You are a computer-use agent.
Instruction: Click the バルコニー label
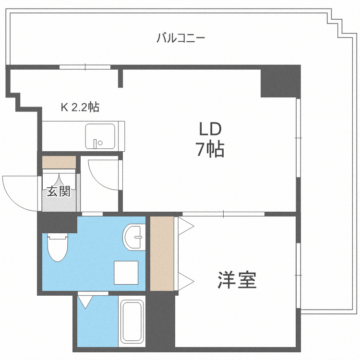(181, 37)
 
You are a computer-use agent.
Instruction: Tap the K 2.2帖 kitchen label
(80, 108)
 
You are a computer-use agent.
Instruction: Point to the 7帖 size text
(210, 150)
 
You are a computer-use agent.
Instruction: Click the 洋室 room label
(237, 279)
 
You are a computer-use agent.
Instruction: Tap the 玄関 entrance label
(59, 192)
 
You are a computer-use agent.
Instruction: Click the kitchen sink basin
(100, 136)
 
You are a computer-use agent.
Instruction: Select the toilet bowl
(58, 247)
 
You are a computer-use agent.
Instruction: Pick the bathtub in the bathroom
(131, 322)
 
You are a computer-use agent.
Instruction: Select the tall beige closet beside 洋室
(162, 253)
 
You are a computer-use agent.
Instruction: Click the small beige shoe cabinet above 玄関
(59, 162)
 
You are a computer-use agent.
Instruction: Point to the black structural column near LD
(280, 82)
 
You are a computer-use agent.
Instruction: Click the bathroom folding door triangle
(86, 301)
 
